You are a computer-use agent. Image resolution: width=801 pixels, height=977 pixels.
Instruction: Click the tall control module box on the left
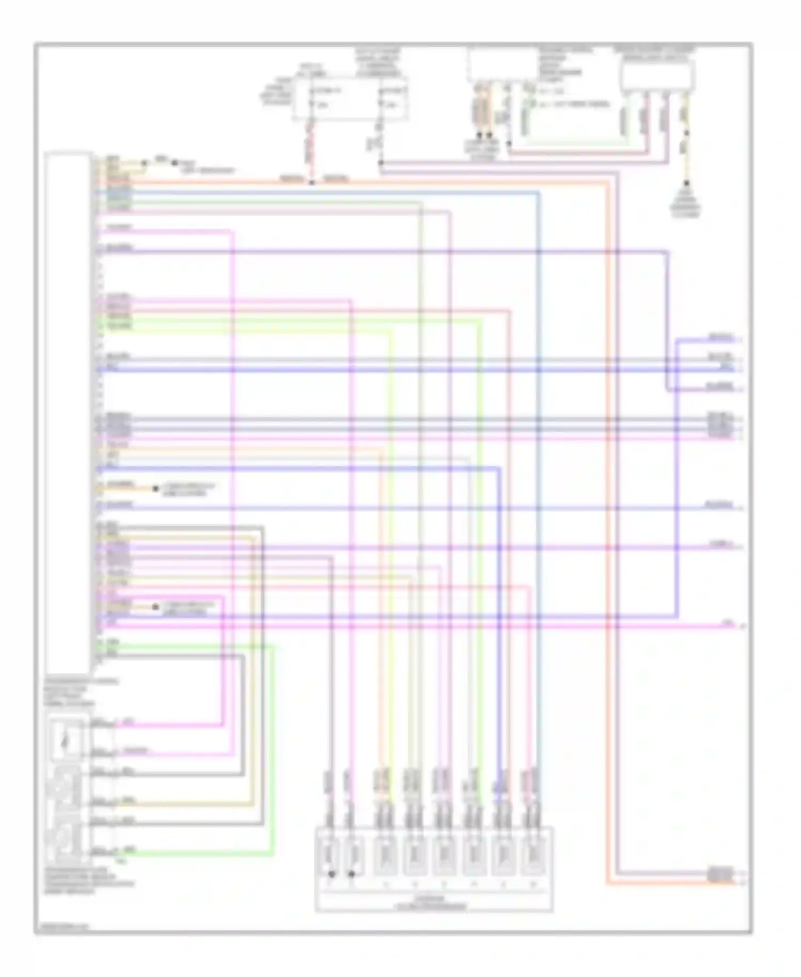coord(68,412)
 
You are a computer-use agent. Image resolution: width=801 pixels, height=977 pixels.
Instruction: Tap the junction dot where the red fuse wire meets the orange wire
coord(312,182)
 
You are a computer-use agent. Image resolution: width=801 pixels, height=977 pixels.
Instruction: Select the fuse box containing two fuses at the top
coord(350,98)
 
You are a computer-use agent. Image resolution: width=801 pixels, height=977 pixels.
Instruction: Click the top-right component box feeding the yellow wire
coord(657,75)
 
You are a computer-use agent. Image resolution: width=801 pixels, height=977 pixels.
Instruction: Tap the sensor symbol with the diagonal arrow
coord(65,740)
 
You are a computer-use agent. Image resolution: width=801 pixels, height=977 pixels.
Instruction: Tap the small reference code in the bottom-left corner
coord(63,926)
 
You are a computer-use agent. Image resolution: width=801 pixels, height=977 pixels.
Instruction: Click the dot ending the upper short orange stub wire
coord(155,489)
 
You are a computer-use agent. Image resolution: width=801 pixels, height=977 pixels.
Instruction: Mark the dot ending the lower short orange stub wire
coord(155,607)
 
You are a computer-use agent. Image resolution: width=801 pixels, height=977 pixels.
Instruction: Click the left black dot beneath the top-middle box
coord(480,136)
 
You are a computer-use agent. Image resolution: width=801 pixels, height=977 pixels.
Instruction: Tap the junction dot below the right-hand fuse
coord(381,162)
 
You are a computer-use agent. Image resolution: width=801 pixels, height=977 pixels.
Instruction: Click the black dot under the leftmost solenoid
coord(332,875)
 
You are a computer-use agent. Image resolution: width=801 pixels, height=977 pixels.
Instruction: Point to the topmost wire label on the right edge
coord(721,337)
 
